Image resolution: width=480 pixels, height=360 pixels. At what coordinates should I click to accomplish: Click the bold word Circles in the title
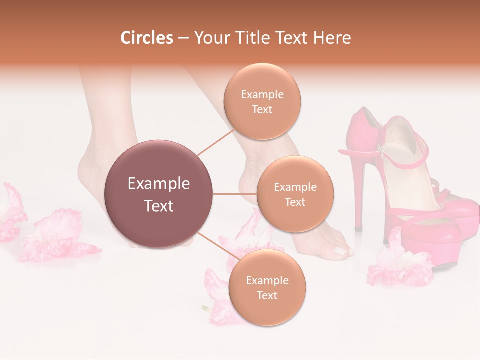pyautogui.click(x=146, y=38)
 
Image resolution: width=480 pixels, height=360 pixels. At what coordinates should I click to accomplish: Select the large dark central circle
pyautogui.click(x=159, y=194)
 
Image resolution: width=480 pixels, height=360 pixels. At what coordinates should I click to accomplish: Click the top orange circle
pyautogui.click(x=262, y=101)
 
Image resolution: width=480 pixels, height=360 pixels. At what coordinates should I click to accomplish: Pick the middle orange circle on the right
pyautogui.click(x=295, y=194)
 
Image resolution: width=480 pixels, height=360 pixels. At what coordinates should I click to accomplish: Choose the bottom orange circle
pyautogui.click(x=267, y=287)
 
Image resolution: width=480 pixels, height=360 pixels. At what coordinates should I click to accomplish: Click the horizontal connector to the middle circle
pyautogui.click(x=234, y=194)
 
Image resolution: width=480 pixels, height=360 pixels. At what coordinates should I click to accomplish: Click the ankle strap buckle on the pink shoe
pyautogui.click(x=381, y=150)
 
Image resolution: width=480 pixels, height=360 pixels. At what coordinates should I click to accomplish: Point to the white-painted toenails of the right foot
pyautogui.click(x=345, y=251)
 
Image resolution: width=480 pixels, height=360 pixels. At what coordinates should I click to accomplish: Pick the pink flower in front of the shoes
pyautogui.click(x=400, y=265)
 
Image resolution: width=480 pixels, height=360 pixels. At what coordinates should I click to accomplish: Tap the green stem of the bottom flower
pyautogui.click(x=206, y=307)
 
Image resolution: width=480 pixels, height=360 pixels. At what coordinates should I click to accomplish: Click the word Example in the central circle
pyautogui.click(x=159, y=184)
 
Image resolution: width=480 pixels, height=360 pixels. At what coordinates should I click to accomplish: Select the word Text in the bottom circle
pyautogui.click(x=267, y=295)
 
